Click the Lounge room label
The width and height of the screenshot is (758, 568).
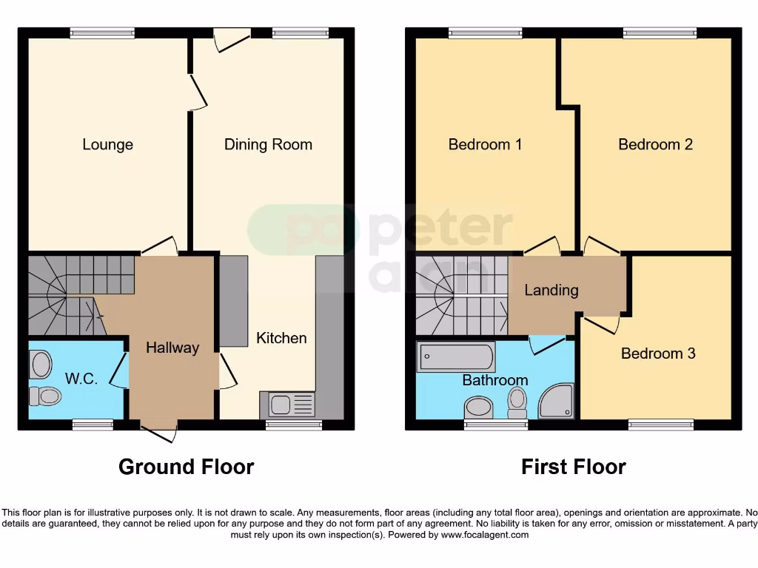pos(107,144)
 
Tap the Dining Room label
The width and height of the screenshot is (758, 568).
pos(268,144)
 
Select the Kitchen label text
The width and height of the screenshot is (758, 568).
pos(281,338)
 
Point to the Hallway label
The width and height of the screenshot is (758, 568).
pos(172,348)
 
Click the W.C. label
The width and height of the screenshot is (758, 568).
pos(81,379)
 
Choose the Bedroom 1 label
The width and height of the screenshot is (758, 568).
pos(485,144)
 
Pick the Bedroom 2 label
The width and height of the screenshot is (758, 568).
pos(655,144)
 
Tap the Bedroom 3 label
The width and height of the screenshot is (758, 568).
pos(658,354)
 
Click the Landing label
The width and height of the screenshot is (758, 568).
pos(551,290)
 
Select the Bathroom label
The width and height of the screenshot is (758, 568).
pos(495,380)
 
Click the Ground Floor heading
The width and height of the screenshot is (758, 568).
pos(187,467)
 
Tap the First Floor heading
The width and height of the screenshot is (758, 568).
pos(574,467)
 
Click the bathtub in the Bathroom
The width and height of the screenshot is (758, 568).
pos(457,358)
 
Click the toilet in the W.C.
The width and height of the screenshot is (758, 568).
pos(44,396)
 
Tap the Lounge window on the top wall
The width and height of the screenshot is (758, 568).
pos(102,33)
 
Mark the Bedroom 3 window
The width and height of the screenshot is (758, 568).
pos(660,425)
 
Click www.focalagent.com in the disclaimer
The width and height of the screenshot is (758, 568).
pos(484,535)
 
